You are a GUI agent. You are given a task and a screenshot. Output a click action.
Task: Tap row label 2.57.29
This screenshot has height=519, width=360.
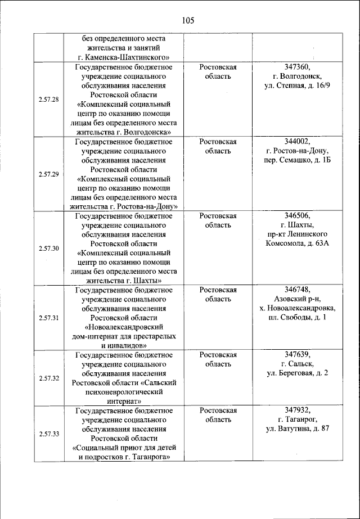tap(49, 174)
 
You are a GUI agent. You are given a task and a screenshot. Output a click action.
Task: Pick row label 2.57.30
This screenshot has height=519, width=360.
tap(49, 248)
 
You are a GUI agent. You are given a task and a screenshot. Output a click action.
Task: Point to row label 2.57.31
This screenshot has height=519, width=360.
tap(49, 318)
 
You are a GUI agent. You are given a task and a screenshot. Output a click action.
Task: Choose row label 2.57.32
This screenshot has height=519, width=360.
tap(49, 378)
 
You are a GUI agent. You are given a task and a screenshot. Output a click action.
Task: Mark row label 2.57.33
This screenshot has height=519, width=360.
tap(49, 434)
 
